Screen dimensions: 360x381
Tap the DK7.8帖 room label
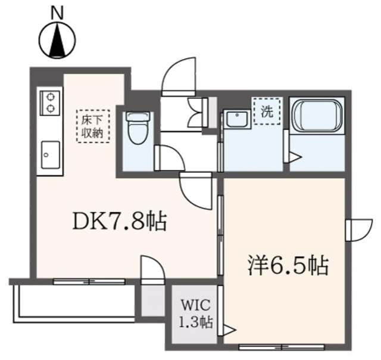118,222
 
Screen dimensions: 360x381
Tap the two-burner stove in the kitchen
49,102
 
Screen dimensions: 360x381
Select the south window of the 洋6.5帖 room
273,346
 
